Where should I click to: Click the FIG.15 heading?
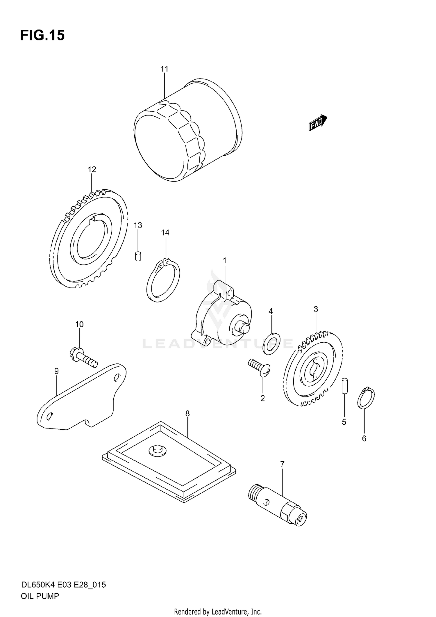[42, 35]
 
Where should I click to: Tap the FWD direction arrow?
[318, 122]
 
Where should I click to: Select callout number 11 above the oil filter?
[164, 69]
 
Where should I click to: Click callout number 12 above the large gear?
[92, 169]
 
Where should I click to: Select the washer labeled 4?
[271, 344]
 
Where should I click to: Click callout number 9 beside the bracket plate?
[56, 371]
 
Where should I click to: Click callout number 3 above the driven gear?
[316, 309]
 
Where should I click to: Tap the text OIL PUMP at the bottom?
[40, 596]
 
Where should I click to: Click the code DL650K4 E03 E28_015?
[63, 585]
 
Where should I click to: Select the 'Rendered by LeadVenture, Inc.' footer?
[218, 611]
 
